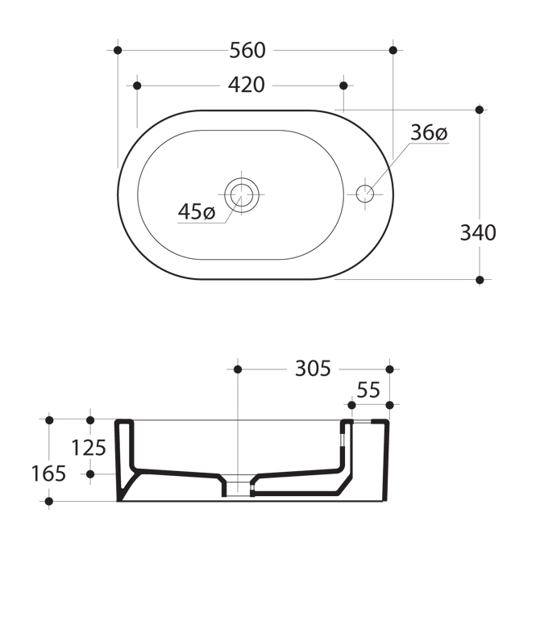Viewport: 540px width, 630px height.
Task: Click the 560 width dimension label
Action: [x=247, y=51]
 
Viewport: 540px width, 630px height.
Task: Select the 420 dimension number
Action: [x=247, y=86]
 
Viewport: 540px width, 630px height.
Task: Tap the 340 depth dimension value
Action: [x=478, y=233]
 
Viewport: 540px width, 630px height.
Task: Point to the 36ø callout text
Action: [x=429, y=132]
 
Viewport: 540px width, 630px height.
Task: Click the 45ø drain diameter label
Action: [x=197, y=211]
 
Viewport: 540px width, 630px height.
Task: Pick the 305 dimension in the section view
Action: [x=313, y=369]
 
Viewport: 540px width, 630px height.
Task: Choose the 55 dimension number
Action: [x=368, y=390]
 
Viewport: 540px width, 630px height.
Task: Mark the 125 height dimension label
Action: [x=89, y=448]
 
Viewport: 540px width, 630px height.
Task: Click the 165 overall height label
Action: [x=48, y=474]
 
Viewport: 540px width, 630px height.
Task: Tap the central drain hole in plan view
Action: [x=241, y=194]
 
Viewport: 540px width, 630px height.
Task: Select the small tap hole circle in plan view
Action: [x=365, y=194]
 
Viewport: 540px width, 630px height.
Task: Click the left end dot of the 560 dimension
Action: [x=118, y=50]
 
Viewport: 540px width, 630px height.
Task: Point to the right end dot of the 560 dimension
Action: [x=393, y=50]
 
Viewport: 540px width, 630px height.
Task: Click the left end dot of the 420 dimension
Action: [x=137, y=86]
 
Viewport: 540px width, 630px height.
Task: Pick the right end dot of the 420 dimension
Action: [x=343, y=86]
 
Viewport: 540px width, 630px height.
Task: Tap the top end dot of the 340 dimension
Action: [x=480, y=110]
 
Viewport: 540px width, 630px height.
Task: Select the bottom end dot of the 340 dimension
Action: [x=480, y=280]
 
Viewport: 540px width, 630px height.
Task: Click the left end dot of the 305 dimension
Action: [x=238, y=369]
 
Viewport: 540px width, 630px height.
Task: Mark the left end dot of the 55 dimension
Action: [x=351, y=405]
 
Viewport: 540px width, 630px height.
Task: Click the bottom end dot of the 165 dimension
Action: [x=49, y=502]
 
